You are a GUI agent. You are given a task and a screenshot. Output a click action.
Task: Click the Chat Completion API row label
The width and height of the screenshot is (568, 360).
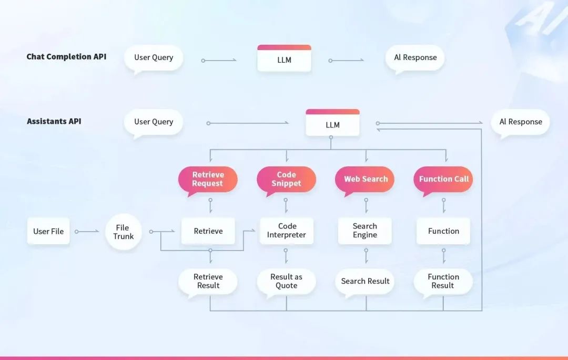click(x=66, y=57)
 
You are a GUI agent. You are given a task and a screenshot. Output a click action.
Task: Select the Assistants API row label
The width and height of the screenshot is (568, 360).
click(x=54, y=121)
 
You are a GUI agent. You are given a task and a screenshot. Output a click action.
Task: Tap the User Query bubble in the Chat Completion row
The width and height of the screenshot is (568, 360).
click(x=154, y=57)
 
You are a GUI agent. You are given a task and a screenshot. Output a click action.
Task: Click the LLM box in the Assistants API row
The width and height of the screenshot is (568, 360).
click(x=332, y=124)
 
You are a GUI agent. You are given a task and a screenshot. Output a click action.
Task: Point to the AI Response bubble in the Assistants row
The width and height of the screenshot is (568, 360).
click(x=520, y=122)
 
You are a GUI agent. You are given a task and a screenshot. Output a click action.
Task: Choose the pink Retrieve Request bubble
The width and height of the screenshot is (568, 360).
click(x=208, y=179)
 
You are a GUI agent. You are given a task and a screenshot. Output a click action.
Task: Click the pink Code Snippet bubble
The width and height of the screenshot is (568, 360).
click(x=286, y=179)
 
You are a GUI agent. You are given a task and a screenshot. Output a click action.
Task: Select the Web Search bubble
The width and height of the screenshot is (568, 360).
click(x=366, y=179)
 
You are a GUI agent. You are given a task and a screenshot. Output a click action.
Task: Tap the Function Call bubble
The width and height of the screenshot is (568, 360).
click(x=443, y=179)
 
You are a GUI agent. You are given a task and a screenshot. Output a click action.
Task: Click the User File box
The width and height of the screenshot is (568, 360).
click(x=48, y=231)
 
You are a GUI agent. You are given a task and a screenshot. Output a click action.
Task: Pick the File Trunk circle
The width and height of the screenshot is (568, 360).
click(x=123, y=232)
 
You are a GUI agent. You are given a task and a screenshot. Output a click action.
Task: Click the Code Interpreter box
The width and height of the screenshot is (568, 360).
click(x=287, y=231)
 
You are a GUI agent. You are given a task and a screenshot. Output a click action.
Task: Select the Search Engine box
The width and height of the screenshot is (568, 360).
click(x=365, y=231)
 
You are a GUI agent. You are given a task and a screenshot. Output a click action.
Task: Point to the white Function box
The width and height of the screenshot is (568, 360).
click(x=443, y=231)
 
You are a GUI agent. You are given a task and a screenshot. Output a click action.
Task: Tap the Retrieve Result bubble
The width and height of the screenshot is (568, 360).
click(x=208, y=281)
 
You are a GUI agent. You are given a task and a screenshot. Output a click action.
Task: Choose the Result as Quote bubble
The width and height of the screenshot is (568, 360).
click(x=286, y=281)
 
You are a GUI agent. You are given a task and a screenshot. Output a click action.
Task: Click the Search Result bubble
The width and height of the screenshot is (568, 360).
click(x=365, y=281)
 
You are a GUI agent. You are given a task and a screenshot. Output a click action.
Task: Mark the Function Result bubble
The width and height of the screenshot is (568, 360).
click(x=443, y=281)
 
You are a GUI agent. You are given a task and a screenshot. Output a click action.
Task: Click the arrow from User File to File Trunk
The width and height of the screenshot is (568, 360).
click(x=87, y=231)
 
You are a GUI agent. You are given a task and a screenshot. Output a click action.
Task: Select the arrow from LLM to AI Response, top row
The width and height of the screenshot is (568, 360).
click(x=347, y=60)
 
